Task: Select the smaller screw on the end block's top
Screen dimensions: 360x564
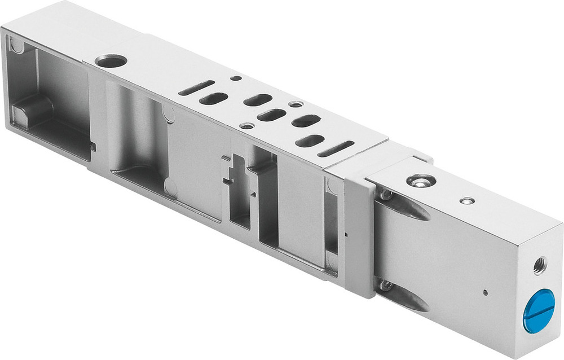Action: point(466,200)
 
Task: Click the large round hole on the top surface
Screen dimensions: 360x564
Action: point(111,60)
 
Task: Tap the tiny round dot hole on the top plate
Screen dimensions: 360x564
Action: point(236,78)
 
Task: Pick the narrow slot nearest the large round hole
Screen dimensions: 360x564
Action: point(196,87)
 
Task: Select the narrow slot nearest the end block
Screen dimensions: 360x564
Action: point(336,148)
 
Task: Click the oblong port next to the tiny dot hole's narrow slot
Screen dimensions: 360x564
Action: point(213,98)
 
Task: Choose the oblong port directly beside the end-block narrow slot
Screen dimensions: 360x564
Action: point(310,141)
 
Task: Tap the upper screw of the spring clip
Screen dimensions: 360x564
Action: point(386,195)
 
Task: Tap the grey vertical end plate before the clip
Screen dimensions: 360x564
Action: point(359,237)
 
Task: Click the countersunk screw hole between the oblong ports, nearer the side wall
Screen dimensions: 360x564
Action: point(246,125)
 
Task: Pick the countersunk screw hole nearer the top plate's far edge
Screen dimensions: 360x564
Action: point(295,104)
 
